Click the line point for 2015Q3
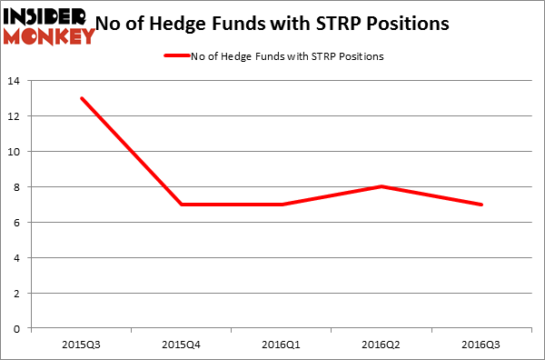82,98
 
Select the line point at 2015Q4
182,205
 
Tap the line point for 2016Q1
282,205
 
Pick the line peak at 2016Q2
381,186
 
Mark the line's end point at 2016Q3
481,205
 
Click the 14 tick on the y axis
16,81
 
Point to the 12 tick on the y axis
16,116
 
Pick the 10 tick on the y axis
16,152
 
